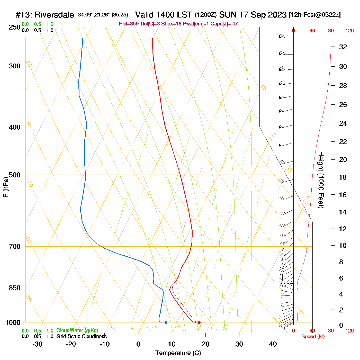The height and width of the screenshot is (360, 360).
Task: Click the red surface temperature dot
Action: (x=199, y=322)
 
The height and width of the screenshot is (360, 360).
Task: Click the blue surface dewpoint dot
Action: (x=166, y=322)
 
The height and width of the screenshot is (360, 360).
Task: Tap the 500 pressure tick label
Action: (x=15, y=175)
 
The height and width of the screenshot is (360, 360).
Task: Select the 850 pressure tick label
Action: (x=15, y=288)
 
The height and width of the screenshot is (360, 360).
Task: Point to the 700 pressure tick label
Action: (x=15, y=247)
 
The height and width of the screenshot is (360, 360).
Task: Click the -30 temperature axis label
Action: (x=37, y=344)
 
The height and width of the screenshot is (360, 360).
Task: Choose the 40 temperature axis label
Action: (x=273, y=344)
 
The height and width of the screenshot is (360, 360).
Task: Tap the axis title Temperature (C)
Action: (x=178, y=353)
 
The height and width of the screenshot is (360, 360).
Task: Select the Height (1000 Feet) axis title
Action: (x=321, y=180)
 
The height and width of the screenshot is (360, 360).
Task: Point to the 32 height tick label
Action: (x=343, y=47)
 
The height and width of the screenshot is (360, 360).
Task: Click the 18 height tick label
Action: (x=343, y=177)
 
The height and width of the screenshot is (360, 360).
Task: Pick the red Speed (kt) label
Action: (x=313, y=337)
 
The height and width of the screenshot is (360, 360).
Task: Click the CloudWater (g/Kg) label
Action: (x=77, y=330)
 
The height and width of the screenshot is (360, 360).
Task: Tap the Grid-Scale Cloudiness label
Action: (x=82, y=336)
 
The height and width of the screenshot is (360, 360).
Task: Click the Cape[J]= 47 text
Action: (x=224, y=24)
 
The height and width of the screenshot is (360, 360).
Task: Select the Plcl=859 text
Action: (x=129, y=24)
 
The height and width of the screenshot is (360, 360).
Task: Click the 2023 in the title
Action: (x=277, y=15)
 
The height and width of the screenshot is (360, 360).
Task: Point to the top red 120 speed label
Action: (x=349, y=31)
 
